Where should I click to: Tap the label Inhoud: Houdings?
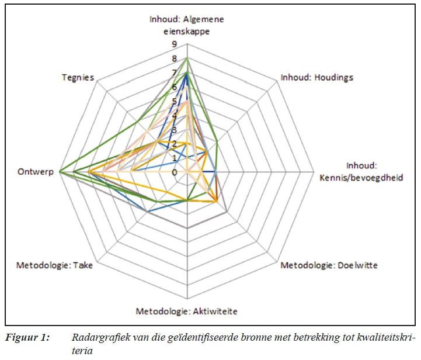click(x=316, y=77)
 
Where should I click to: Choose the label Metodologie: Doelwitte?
click(x=329, y=265)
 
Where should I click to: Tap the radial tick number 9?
click(x=174, y=44)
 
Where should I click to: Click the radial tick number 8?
click(x=174, y=58)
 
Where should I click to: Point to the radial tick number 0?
click(x=174, y=172)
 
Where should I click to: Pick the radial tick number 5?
click(x=174, y=101)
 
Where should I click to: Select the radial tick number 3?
click(x=174, y=130)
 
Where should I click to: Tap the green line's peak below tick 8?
click(x=186, y=59)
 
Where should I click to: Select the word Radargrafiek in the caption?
click(x=96, y=338)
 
